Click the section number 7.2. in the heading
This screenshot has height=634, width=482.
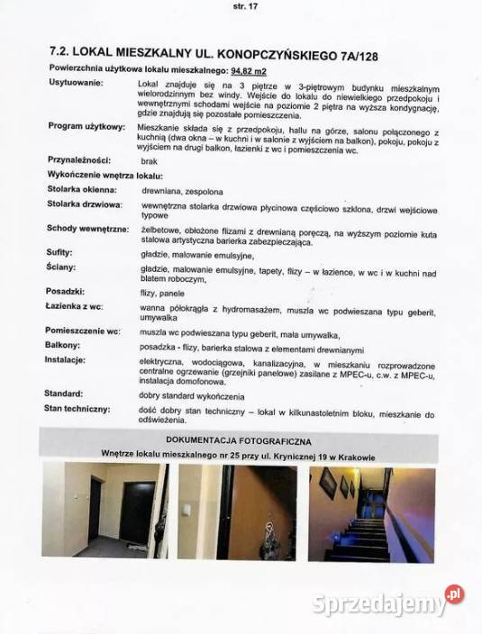tap(60, 52)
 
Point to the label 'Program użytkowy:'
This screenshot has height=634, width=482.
tap(86, 127)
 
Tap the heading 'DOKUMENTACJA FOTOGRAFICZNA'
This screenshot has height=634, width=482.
tap(242, 439)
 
